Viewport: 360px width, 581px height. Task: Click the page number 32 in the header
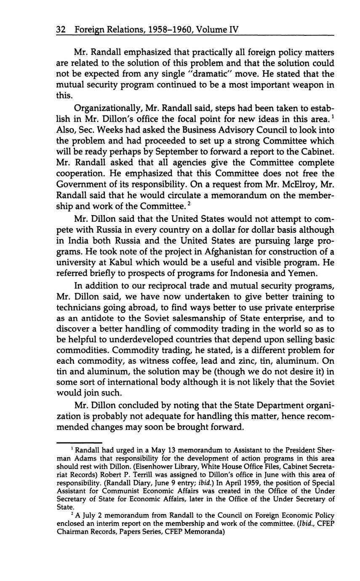click(62, 30)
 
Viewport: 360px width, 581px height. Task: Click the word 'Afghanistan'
click(224, 252)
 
